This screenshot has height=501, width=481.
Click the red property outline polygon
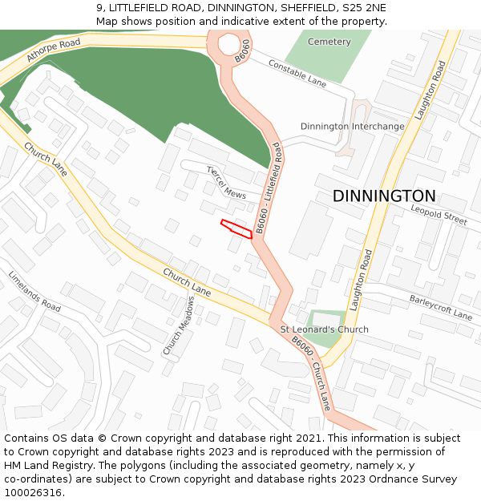[x=236, y=228]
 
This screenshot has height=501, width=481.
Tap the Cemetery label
[x=329, y=42]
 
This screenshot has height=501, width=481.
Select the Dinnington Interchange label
[x=352, y=127]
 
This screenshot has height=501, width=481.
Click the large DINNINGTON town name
[x=384, y=196]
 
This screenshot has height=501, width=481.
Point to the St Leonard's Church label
[x=324, y=329]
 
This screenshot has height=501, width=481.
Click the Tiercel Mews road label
[x=226, y=183]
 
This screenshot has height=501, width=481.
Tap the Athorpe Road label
[x=53, y=50]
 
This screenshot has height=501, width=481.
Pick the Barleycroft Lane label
[x=441, y=307]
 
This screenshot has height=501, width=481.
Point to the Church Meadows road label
[x=179, y=325]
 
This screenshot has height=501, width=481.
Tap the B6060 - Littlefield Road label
[x=269, y=188]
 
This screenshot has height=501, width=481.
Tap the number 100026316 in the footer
[x=32, y=493]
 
